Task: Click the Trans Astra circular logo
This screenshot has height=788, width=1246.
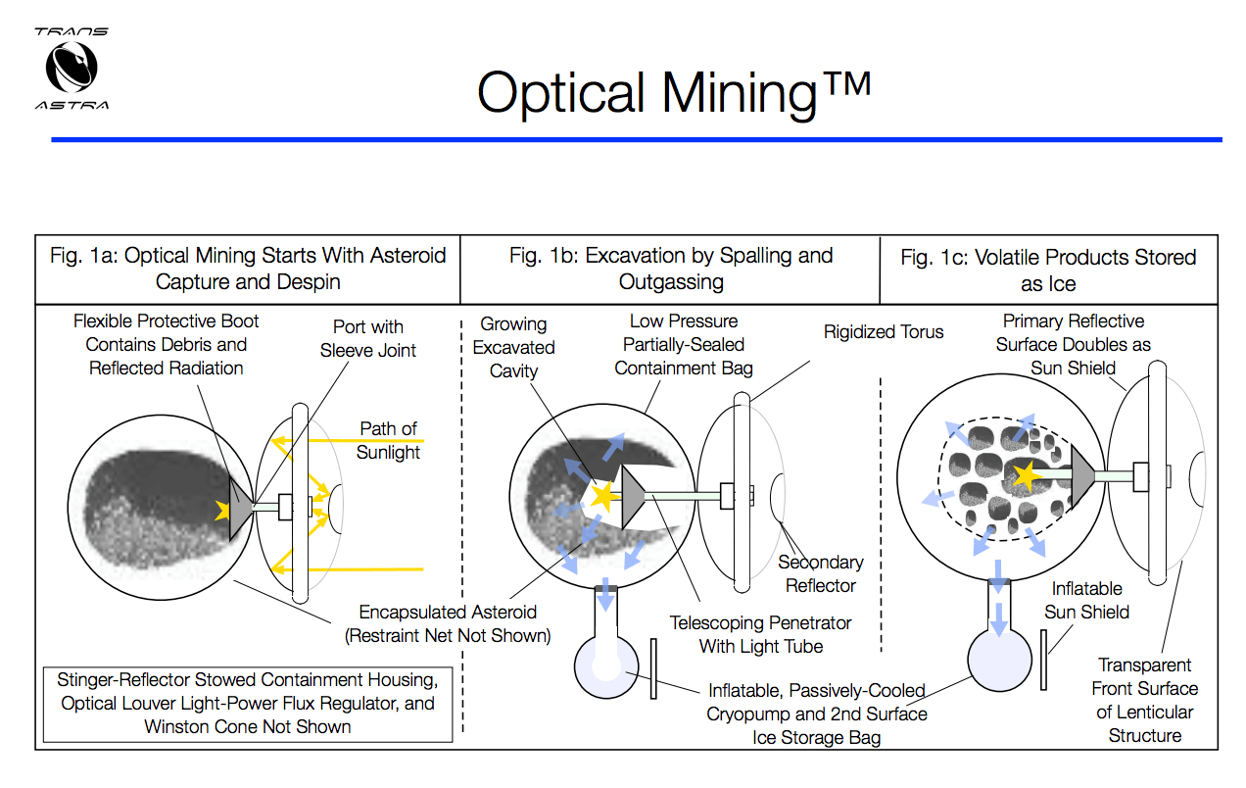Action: tap(71, 68)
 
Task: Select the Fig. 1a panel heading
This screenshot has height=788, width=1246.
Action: tap(248, 269)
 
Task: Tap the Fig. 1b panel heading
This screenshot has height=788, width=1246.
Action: tap(671, 269)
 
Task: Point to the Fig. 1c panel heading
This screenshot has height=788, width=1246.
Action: tap(1048, 271)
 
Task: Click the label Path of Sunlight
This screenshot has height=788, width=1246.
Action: tap(388, 441)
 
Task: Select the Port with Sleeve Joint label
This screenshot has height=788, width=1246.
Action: tap(367, 339)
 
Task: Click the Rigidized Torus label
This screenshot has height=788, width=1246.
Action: tap(884, 331)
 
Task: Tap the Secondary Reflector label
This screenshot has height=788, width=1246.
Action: tap(821, 574)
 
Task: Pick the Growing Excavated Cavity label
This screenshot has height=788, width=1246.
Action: tap(513, 347)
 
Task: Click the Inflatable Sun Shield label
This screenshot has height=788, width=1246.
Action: tap(1086, 601)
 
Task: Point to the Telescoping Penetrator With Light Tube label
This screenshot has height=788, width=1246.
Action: tap(760, 634)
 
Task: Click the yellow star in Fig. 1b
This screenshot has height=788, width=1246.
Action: tap(599, 496)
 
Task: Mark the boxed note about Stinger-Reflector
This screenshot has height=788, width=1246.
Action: tap(248, 704)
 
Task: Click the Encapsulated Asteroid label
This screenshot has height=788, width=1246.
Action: tap(448, 623)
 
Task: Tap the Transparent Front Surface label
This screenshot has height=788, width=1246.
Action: tap(1144, 700)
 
